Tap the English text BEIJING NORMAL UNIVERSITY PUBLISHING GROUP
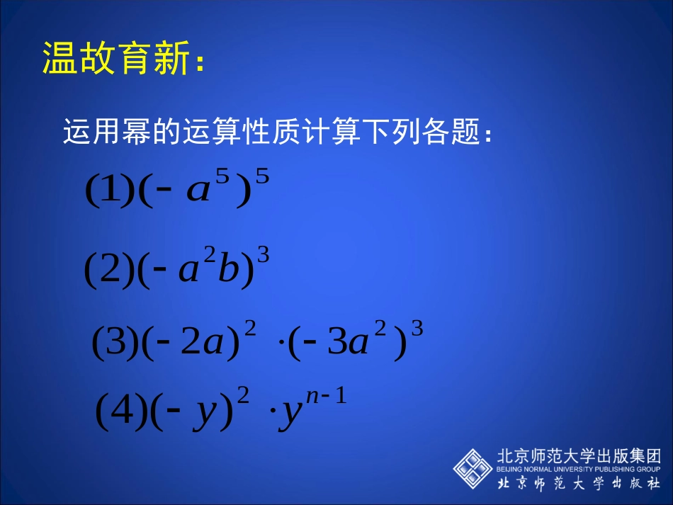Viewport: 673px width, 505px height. (579, 469)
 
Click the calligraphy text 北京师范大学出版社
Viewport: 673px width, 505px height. (579, 484)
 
